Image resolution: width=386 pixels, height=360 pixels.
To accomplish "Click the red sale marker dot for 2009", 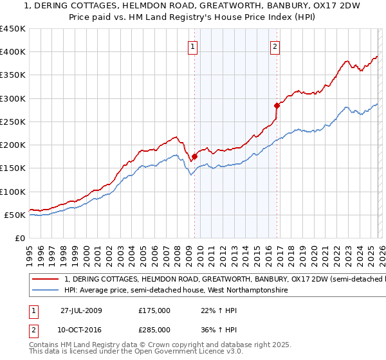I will pyautogui.click(x=194, y=156).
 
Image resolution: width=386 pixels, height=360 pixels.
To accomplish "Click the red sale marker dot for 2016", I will pyautogui.click(x=277, y=105).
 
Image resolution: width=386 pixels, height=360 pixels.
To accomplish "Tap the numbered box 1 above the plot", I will pyautogui.click(x=193, y=46).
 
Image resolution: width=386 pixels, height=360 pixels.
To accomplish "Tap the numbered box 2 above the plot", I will pyautogui.click(x=275, y=46).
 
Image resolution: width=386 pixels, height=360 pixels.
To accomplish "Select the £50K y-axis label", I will pyautogui.click(x=15, y=215).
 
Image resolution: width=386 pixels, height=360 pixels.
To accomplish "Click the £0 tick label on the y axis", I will pyautogui.click(x=21, y=238).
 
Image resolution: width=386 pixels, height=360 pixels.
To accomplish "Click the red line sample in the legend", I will pyautogui.click(x=46, y=280).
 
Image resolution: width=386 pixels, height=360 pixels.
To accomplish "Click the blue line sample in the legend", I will pyautogui.click(x=46, y=291).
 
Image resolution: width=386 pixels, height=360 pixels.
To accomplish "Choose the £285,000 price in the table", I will pyautogui.click(x=154, y=330).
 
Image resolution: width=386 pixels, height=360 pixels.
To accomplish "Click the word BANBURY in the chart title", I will pyautogui.click(x=246, y=6).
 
